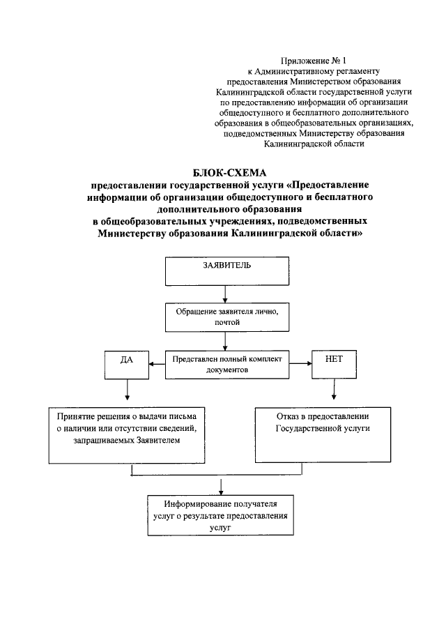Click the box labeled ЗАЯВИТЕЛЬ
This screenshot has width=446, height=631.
coord(222,271)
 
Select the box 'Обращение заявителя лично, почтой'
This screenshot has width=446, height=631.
coord(222,317)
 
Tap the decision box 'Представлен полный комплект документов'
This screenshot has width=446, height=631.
coord(227,365)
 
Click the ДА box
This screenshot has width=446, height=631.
coord(127,363)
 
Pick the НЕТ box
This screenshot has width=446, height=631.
coord(334,363)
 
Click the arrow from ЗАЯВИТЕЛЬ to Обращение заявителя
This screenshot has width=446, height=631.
coord(222,294)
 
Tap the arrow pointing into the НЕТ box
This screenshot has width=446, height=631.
coord(300,363)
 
